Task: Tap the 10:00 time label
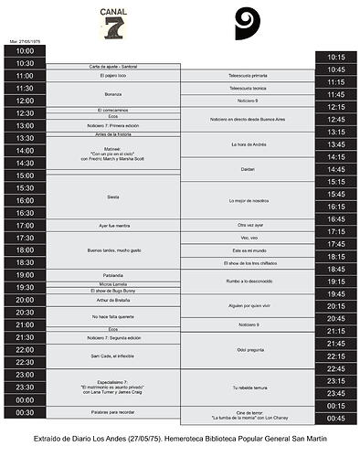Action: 25,51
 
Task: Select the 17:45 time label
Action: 336,244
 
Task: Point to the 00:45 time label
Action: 336,418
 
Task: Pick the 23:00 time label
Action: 25,375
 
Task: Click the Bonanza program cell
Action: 113,94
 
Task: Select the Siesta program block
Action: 113,197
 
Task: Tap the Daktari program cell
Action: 248,169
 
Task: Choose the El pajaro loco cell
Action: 113,76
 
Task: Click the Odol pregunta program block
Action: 248,349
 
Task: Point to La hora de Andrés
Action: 248,144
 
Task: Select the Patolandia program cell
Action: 113,275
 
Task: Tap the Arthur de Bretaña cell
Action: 113,300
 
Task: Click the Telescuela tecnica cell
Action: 248,88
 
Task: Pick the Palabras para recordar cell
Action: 113,412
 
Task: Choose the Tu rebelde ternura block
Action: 248,387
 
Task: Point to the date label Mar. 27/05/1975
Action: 25,41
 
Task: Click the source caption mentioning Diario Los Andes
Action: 180,440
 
